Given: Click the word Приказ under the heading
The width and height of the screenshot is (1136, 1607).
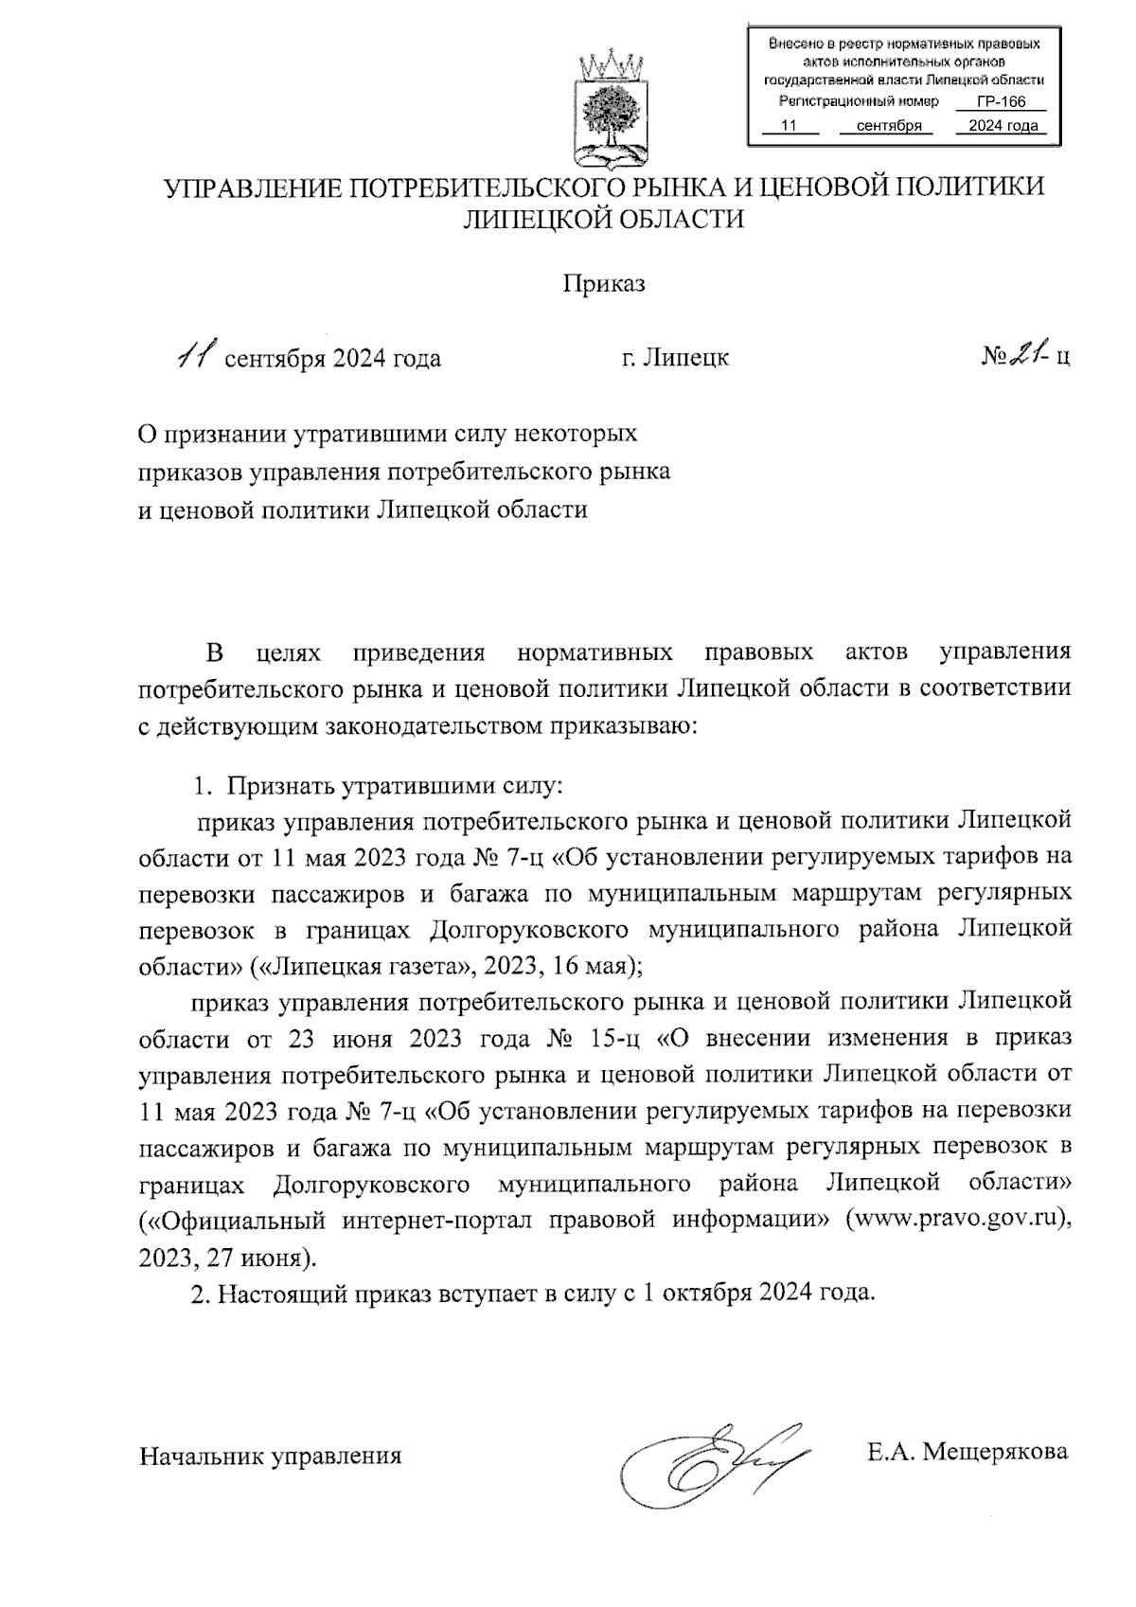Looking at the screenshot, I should pyautogui.click(x=604, y=284).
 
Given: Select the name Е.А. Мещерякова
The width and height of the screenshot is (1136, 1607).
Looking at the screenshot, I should pyautogui.click(x=967, y=1451).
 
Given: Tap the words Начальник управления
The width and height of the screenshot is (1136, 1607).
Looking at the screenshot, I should pyautogui.click(x=271, y=1455).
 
